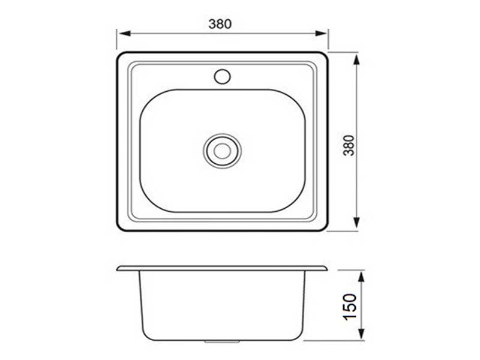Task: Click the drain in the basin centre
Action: (x=222, y=151)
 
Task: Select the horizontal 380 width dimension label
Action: (x=220, y=24)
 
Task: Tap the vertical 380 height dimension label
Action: (x=349, y=145)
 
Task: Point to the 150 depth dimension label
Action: (x=350, y=307)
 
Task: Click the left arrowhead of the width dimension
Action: (x=124, y=33)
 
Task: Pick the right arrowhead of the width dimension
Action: (x=321, y=33)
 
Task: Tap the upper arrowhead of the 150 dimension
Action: (x=362, y=277)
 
